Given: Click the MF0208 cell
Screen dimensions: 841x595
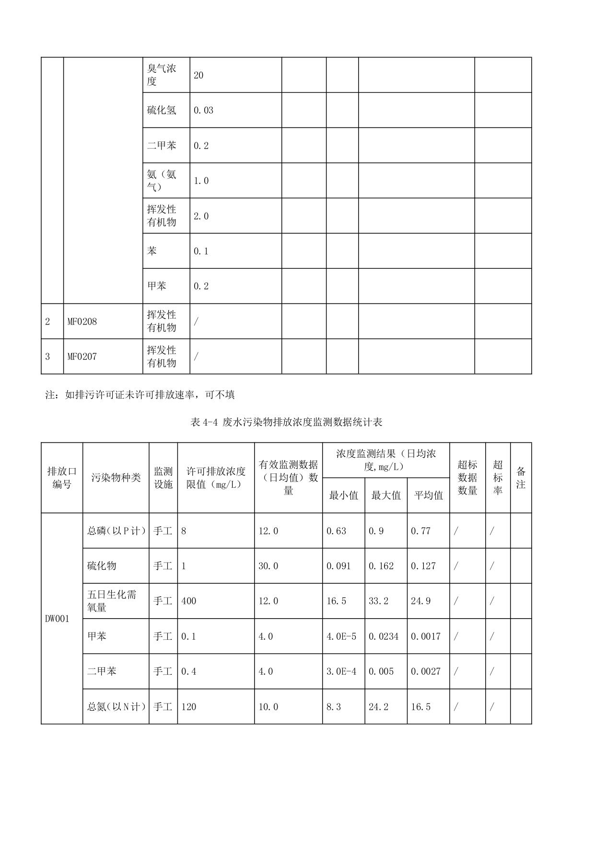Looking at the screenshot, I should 82,322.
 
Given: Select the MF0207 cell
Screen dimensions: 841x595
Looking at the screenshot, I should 82,357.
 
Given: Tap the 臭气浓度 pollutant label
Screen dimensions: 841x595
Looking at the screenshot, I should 162,75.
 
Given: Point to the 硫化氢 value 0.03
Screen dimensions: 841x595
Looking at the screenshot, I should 203,110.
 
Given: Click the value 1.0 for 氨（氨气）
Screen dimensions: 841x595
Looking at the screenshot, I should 201,181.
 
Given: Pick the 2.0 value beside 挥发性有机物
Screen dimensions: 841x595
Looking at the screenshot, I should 201,216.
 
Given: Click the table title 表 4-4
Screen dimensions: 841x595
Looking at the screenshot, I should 286,422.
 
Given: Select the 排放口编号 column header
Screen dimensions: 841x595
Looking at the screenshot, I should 62,478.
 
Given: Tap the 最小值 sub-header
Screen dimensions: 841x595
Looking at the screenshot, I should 343,495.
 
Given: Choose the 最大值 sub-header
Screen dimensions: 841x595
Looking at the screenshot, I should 385,495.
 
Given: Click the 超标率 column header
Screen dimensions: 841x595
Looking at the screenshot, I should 498,478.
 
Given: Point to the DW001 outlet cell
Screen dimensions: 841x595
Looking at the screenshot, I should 57,619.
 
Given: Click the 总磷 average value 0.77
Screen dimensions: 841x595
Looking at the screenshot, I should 420,531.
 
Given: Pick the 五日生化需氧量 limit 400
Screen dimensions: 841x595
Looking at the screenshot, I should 189,601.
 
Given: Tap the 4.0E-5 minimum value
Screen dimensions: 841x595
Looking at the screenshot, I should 341,636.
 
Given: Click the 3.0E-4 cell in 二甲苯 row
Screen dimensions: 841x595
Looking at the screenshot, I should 341,671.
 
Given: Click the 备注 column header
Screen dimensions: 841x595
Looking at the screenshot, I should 521,478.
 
